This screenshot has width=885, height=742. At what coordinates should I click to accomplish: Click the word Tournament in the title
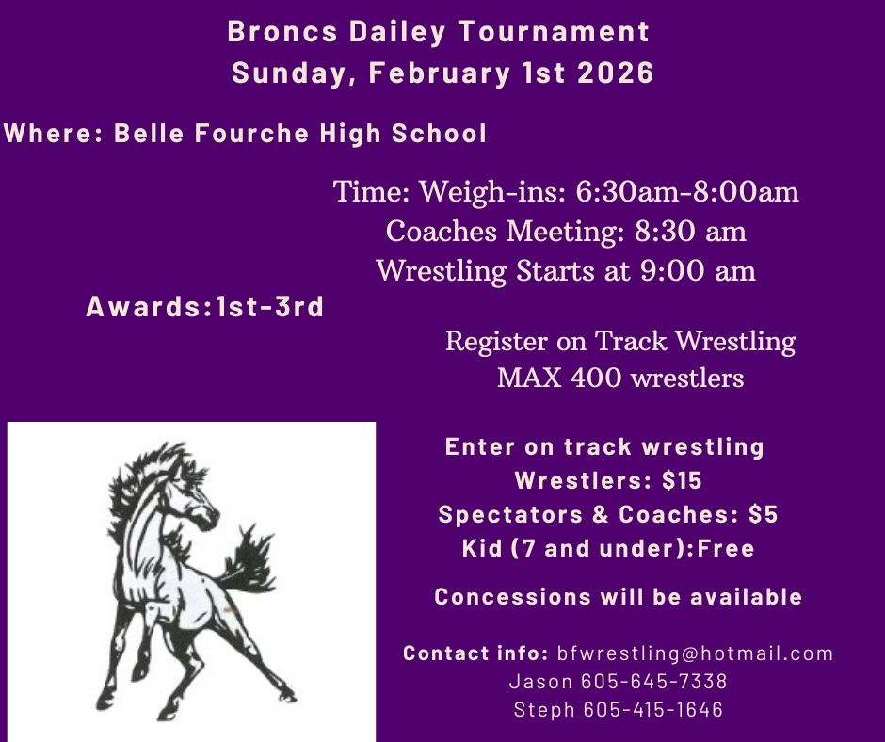tap(554, 31)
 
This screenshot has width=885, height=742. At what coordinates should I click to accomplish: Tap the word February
tap(439, 74)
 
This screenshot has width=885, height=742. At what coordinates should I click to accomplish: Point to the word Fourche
tap(251, 134)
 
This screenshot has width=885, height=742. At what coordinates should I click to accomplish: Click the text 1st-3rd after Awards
tap(268, 307)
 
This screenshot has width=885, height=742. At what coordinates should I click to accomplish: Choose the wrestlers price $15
tap(682, 480)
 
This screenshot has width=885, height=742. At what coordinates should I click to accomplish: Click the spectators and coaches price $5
tap(764, 514)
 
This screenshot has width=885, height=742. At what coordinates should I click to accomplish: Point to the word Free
tap(726, 548)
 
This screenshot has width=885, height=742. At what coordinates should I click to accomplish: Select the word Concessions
tap(512, 597)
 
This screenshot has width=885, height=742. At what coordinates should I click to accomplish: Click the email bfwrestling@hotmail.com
tap(695, 653)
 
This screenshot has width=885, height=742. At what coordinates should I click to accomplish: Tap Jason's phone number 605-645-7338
tap(654, 681)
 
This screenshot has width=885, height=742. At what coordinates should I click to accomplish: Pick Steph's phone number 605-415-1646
tap(652, 709)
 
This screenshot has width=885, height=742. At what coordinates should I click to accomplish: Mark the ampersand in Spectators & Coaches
tap(601, 514)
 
